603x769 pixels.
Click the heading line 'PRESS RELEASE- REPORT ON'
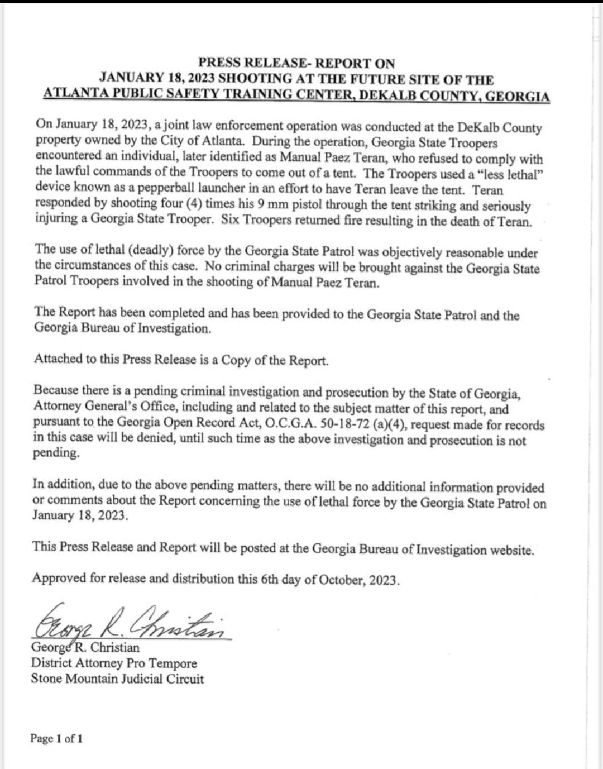point(296,63)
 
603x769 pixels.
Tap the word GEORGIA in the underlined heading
point(517,95)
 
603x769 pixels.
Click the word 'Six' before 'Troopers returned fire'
point(231,219)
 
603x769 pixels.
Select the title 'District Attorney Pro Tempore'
point(114,663)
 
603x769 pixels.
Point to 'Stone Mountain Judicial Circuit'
point(117,679)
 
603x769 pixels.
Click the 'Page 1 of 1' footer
point(56,739)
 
